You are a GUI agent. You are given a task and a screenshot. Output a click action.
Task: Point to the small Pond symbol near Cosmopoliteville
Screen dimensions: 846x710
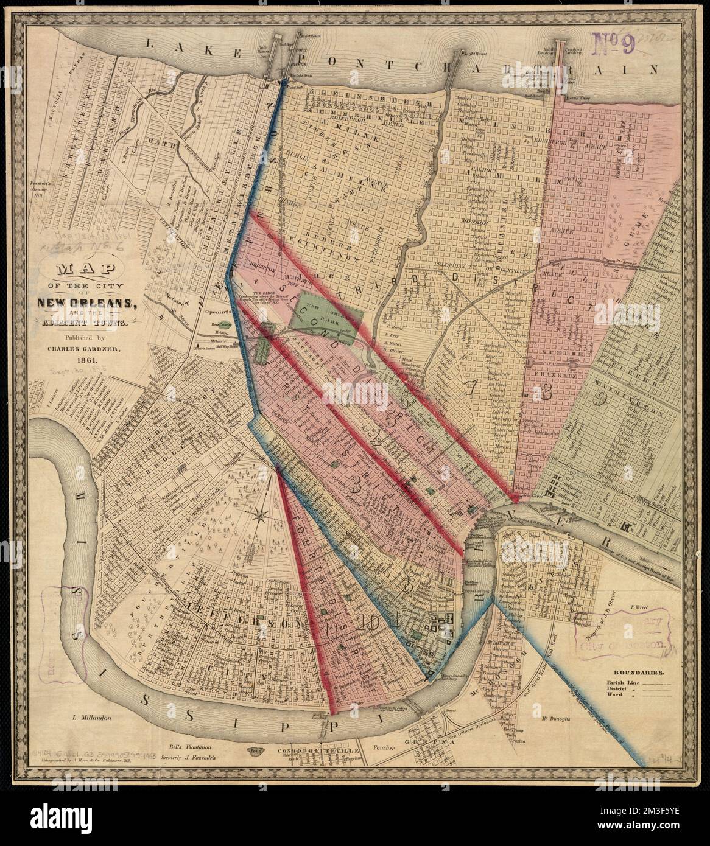(x=255, y=751)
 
